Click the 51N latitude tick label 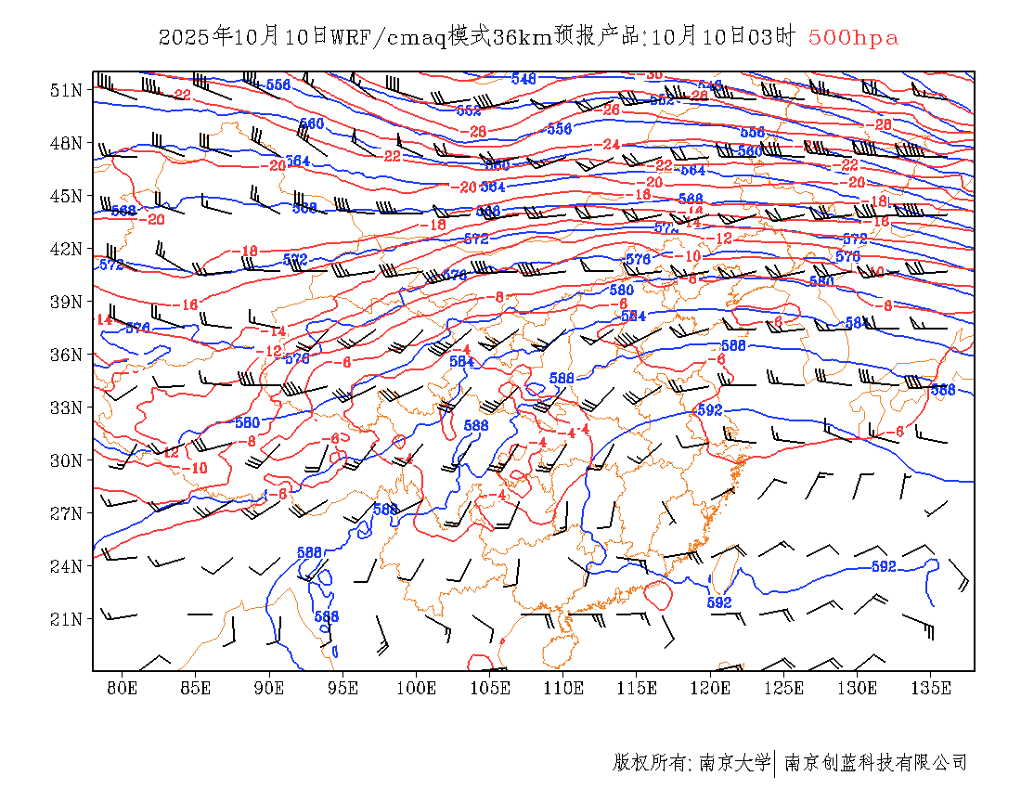[x=67, y=90]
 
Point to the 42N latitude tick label [x=67, y=249]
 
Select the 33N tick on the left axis [x=67, y=407]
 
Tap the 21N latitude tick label [x=67, y=618]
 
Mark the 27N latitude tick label [x=67, y=513]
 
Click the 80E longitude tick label [x=123, y=688]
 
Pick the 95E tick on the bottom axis [x=342, y=688]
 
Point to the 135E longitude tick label [x=931, y=688]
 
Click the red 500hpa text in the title [x=853, y=38]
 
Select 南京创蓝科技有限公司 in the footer [x=875, y=763]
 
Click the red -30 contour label [x=653, y=74]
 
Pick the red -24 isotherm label [x=610, y=145]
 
